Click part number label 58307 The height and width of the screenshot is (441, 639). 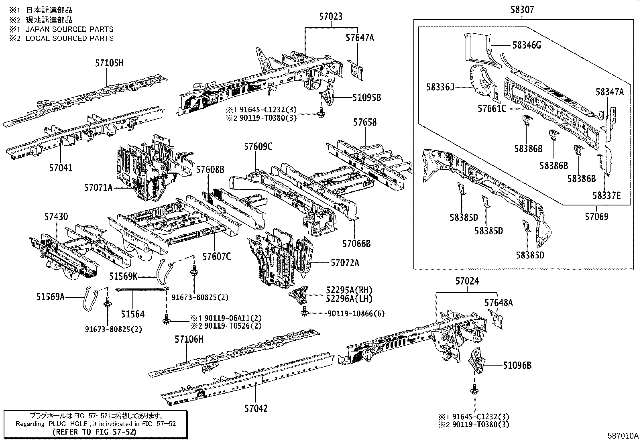[522, 9]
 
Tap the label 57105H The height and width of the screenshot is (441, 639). [110, 63]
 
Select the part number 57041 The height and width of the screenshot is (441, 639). [61, 168]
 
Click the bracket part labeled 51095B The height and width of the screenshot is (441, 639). [327, 96]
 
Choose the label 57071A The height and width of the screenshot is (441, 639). [98, 187]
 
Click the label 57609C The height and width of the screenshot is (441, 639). [258, 147]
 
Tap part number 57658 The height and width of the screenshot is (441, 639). [365, 122]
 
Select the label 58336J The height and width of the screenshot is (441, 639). [440, 87]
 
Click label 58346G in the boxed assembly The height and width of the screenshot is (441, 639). [527, 45]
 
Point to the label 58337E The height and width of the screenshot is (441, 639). [606, 195]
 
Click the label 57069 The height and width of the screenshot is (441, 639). [596, 217]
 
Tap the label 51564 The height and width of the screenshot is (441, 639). [132, 315]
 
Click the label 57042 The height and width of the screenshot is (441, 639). [256, 408]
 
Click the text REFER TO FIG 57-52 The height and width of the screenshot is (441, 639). [94, 432]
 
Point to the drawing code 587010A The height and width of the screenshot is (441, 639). [622, 436]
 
